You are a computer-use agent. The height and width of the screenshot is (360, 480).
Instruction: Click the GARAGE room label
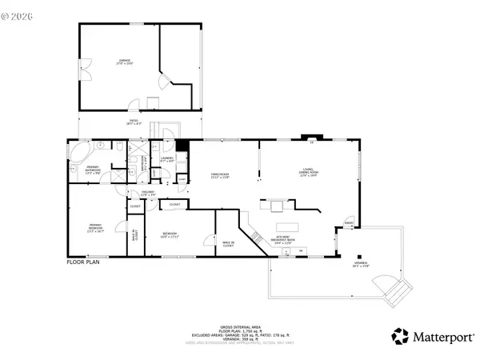[x=125, y=61]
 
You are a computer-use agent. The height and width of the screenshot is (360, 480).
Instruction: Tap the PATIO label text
[x=134, y=122]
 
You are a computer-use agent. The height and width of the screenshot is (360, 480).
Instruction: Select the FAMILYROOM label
[x=221, y=174]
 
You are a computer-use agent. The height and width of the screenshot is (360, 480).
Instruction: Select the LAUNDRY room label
[x=167, y=160]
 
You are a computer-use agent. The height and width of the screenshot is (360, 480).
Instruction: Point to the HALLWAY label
[x=148, y=193]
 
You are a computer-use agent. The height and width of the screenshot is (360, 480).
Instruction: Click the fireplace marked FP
[x=311, y=142]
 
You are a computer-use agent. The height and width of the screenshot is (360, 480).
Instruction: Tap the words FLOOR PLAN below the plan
[x=82, y=262]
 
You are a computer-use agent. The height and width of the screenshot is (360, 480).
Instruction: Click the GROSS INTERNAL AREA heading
[x=239, y=328]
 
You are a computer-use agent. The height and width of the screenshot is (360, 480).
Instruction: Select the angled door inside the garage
[x=164, y=80]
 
